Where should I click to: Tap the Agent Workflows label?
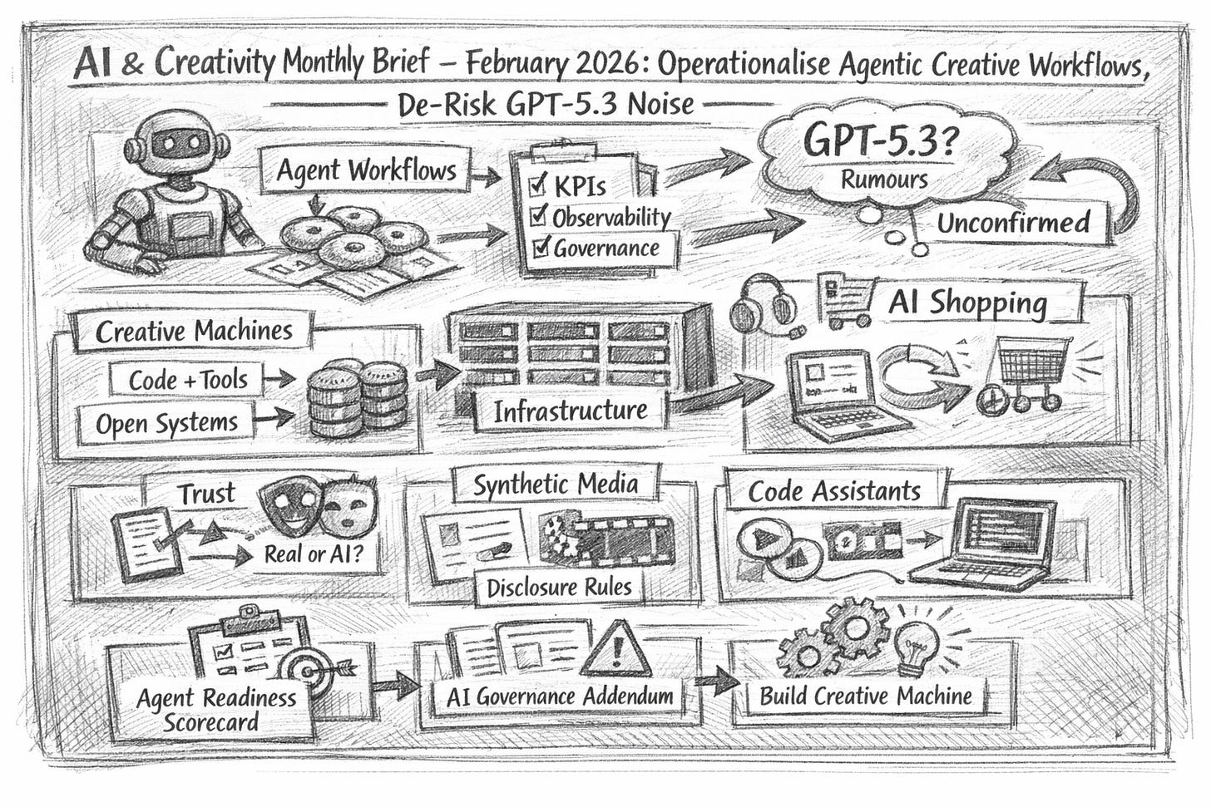pyautogui.click(x=366, y=170)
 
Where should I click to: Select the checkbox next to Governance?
pyautogui.click(x=541, y=247)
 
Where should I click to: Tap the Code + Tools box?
pyautogui.click(x=188, y=380)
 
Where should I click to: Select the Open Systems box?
pyautogui.click(x=166, y=423)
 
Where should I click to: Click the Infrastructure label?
pyautogui.click(x=570, y=411)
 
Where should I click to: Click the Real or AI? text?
pyautogui.click(x=312, y=554)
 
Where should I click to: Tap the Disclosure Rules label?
pyautogui.click(x=559, y=587)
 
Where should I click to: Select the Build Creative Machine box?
pyautogui.click(x=866, y=695)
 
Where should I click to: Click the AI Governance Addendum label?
pyautogui.click(x=560, y=696)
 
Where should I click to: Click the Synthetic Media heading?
pyautogui.click(x=556, y=484)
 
